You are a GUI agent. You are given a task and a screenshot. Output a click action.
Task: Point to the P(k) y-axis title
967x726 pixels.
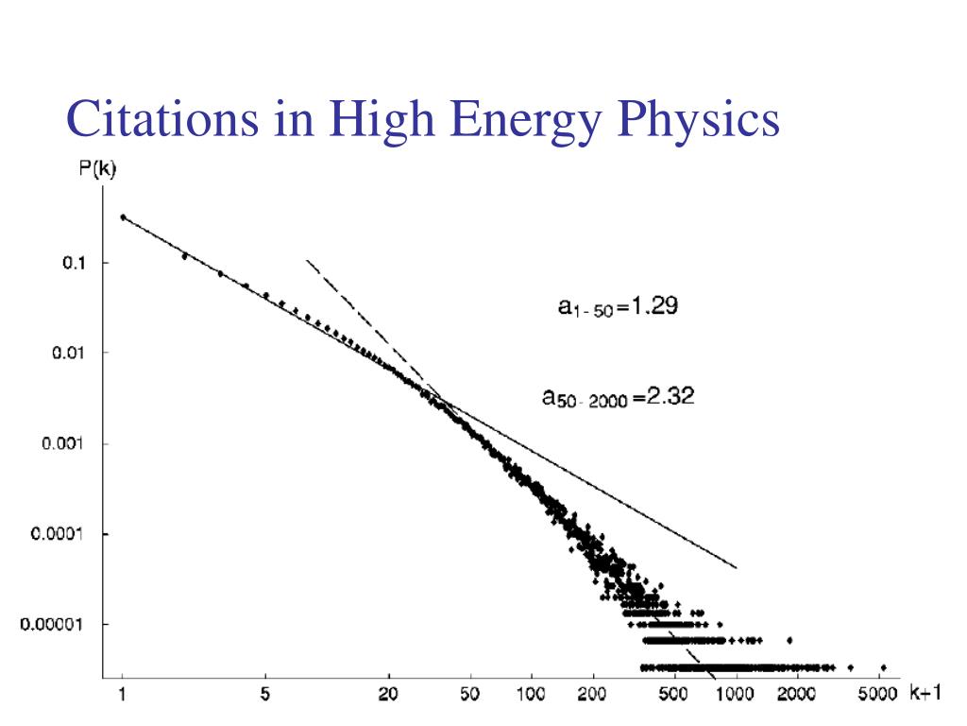pos(97,171)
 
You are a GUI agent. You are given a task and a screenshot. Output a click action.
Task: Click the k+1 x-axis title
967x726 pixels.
pos(925,693)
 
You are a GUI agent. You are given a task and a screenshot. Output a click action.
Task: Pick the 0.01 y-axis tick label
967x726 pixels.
pos(69,353)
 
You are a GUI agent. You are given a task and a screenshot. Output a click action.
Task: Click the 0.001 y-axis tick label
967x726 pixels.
pos(65,443)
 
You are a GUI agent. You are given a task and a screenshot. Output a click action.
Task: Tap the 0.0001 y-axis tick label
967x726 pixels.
pos(60,534)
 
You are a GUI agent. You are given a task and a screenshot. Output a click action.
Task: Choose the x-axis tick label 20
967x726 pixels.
pos(387,695)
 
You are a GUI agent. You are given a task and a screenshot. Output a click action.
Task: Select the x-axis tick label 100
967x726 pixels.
pos(532,695)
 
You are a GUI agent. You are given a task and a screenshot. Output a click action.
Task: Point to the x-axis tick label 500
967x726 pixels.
pos(673,695)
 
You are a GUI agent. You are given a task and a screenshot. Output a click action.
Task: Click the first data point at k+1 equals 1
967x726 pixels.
pos(123,217)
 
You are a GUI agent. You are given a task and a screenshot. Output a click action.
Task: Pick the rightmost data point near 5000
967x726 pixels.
pos(883,666)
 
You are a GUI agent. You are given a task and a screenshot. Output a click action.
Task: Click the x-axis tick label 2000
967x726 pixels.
pos(796,695)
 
